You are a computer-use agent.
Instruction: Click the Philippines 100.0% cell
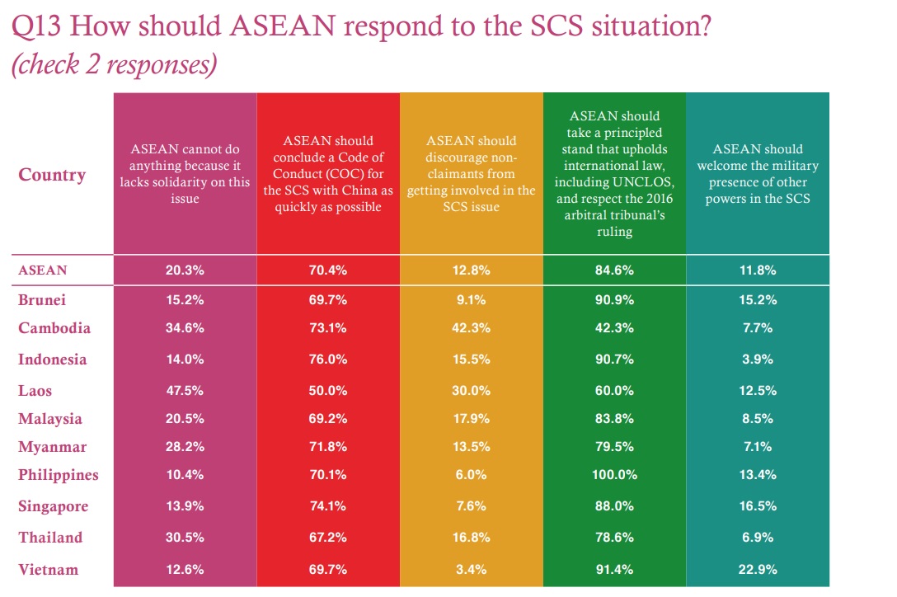point(614,475)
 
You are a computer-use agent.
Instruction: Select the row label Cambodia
point(54,328)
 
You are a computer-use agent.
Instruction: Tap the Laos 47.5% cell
point(185,390)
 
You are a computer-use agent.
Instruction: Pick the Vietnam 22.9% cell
point(758,569)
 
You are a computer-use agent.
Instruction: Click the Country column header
point(52,175)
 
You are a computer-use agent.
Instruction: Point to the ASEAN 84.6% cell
point(614,270)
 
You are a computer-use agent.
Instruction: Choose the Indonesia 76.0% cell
point(327,360)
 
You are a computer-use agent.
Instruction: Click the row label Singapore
point(53,506)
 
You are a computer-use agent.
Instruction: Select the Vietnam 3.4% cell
point(471,569)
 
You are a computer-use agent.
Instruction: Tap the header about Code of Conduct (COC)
point(328,174)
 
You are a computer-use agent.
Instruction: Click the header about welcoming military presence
point(758,174)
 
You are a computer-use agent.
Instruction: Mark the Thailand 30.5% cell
point(185,537)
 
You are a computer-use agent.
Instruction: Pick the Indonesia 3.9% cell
point(758,360)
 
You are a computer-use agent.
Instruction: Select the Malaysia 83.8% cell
point(614,418)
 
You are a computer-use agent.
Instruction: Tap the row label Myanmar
point(53,447)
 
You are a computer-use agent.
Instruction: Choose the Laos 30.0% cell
point(471,390)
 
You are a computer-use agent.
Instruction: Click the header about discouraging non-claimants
point(472,174)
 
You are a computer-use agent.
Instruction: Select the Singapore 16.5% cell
point(758,506)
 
